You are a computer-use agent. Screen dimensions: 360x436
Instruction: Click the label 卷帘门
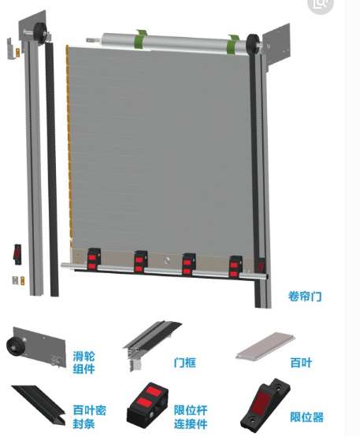click(305, 297)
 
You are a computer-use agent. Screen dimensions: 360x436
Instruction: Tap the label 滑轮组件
click(84, 363)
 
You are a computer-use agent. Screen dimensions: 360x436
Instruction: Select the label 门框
click(184, 363)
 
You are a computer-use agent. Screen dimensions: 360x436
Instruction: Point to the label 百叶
click(301, 363)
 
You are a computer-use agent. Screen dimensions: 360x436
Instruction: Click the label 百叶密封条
click(89, 417)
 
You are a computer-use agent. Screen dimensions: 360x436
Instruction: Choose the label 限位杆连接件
click(191, 417)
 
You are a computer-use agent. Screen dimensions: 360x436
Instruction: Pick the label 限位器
click(306, 417)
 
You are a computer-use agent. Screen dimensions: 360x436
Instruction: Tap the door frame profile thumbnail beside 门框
click(152, 343)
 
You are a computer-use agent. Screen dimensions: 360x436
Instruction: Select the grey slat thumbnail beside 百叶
click(265, 346)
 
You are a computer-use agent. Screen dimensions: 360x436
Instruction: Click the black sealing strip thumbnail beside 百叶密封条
click(39, 403)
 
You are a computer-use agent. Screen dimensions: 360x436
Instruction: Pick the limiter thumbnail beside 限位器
click(265, 407)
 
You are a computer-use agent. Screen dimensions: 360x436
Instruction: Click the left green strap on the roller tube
click(142, 39)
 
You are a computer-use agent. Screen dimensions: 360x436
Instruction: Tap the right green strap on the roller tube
click(233, 45)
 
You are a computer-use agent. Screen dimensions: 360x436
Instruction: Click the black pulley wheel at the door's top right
click(253, 43)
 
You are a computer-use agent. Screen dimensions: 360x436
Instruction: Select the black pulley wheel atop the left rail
click(40, 32)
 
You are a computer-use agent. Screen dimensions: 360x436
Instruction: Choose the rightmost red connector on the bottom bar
click(236, 267)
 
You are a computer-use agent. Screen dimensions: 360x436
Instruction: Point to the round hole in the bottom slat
click(167, 260)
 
